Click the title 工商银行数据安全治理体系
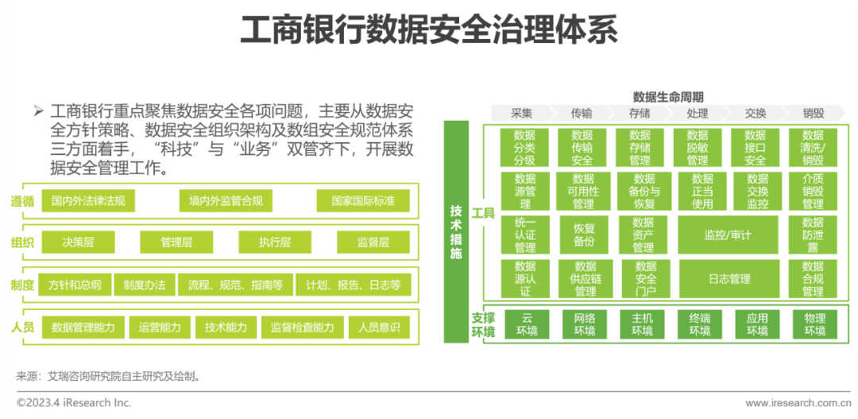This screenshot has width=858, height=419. pyautogui.click(x=428, y=33)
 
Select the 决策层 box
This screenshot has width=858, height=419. pyautogui.click(x=79, y=242)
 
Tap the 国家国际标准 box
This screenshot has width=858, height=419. pyautogui.click(x=363, y=200)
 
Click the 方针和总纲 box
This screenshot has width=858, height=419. pyautogui.click(x=75, y=285)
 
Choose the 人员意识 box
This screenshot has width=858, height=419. pyautogui.click(x=379, y=327)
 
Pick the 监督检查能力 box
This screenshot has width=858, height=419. pyautogui.click(x=302, y=327)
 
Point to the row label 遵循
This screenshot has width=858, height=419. pyautogui.click(x=23, y=201)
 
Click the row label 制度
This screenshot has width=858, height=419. pyautogui.click(x=23, y=285)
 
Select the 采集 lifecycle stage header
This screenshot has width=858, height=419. pyautogui.click(x=522, y=113)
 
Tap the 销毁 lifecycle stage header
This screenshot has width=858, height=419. pyautogui.click(x=813, y=113)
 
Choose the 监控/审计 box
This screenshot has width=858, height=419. pyautogui.click(x=727, y=235)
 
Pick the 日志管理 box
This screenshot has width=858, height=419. pyautogui.click(x=729, y=279)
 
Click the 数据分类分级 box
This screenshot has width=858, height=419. pyautogui.click(x=524, y=147)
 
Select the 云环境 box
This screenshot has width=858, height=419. pyautogui.click(x=525, y=324)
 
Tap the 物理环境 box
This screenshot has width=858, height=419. pyautogui.click(x=814, y=324)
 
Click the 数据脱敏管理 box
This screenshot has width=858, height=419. pyautogui.click(x=697, y=147)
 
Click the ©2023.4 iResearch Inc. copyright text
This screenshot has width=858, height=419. pyautogui.click(x=74, y=403)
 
